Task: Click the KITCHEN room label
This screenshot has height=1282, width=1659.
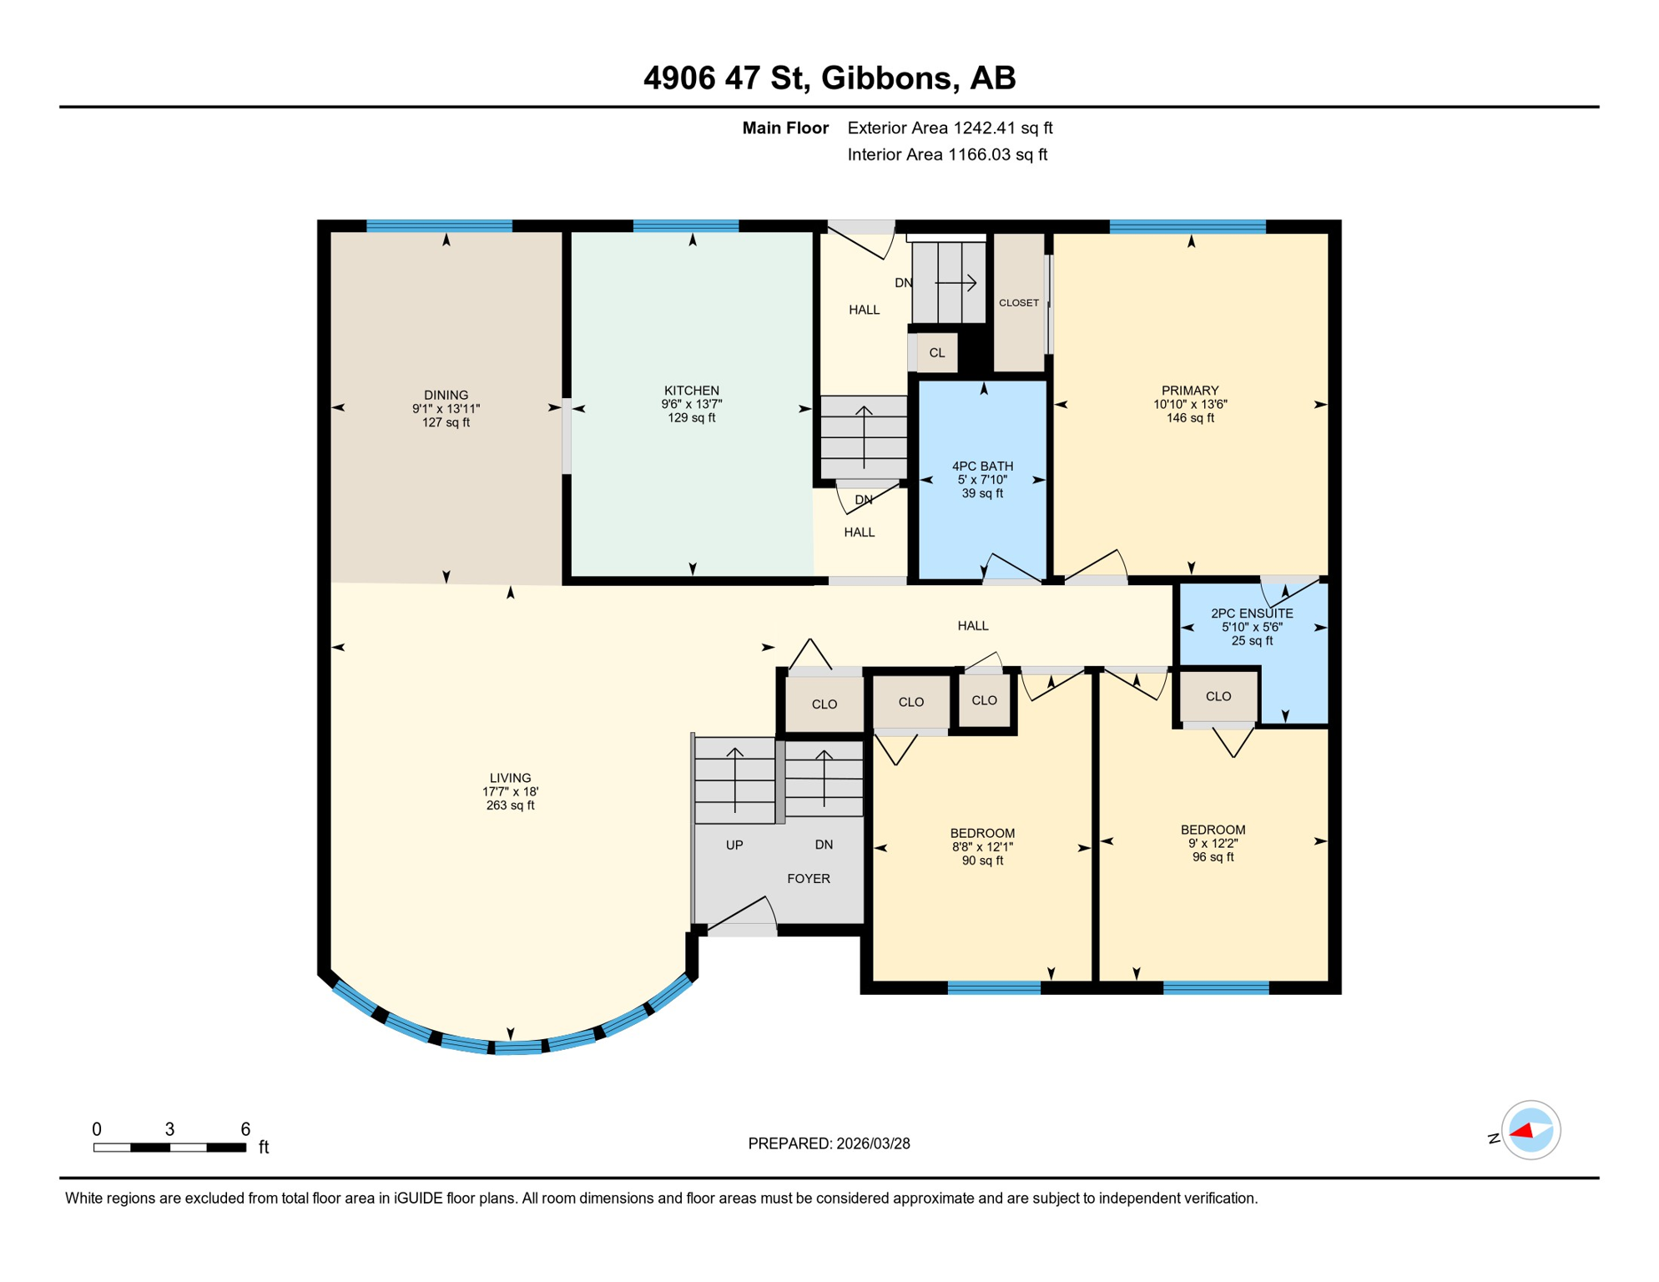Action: [x=691, y=391]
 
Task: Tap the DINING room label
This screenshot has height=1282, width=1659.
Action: [x=446, y=395]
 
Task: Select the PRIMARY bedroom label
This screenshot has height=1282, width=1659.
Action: [x=1189, y=391]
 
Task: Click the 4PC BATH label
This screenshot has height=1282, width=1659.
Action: [x=982, y=466]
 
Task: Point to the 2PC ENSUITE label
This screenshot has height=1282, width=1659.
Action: [x=1251, y=613]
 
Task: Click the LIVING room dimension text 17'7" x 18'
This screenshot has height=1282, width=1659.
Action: [x=510, y=791]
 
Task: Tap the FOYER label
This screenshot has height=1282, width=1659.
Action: [x=808, y=878]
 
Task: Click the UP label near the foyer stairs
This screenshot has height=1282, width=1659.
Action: [x=734, y=845]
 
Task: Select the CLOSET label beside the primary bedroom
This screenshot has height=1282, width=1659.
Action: [x=1018, y=303]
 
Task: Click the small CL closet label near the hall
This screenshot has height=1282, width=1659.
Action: [x=936, y=353]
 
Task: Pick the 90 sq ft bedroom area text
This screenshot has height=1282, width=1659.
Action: [x=981, y=861]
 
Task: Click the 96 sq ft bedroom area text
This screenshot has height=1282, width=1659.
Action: [x=1212, y=857]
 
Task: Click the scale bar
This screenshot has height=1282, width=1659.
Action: [x=169, y=1148]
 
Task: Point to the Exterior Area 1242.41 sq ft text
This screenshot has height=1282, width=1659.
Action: [x=949, y=128]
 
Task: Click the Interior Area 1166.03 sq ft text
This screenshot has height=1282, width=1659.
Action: [x=946, y=154]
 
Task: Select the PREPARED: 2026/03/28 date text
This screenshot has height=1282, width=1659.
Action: [x=828, y=1143]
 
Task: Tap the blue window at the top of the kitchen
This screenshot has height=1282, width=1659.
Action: [x=685, y=225]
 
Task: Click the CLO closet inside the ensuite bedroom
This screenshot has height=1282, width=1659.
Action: [x=1218, y=696]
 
